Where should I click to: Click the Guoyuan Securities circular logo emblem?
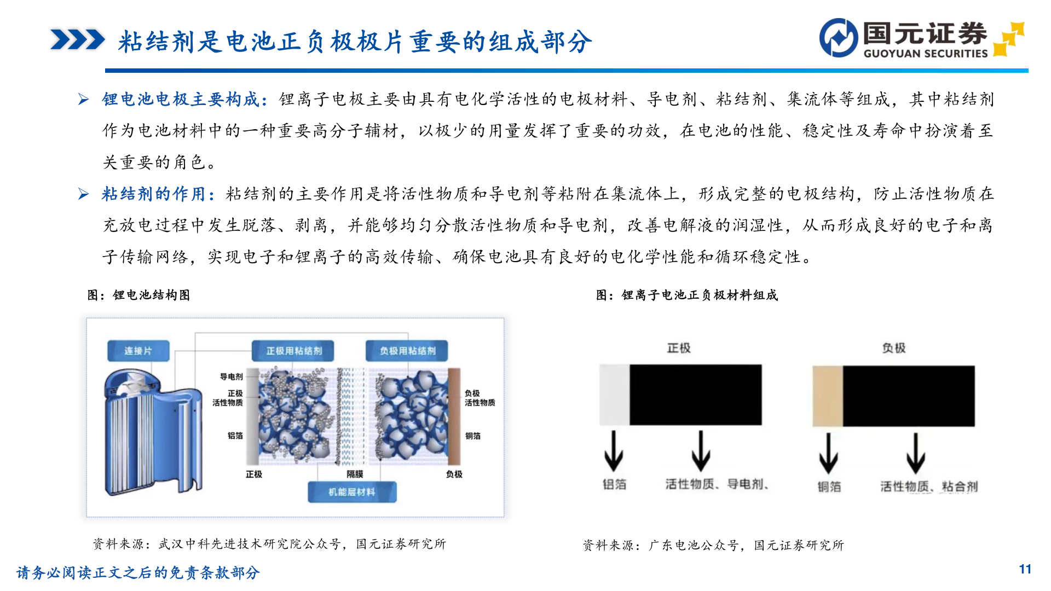pos(838,38)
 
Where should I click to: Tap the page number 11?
pos(1025,569)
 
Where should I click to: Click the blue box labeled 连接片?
pos(138,351)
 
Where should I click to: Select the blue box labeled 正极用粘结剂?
pos(293,351)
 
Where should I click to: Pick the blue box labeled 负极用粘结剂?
pos(407,351)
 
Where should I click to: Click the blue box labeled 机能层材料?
pos(351,492)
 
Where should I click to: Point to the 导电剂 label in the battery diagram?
pos(231,376)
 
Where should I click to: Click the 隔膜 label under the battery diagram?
pos(355,474)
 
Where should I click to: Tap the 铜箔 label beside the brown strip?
pos(473,436)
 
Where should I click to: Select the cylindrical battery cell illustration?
pos(151,432)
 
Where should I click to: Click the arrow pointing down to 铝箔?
pos(613,451)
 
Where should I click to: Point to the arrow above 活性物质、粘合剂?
pos(915,453)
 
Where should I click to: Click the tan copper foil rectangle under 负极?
pos(827,396)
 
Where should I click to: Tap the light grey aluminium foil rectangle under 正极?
pos(614,395)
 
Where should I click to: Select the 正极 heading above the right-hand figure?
pos(679,348)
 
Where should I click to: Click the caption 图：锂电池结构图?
pos(138,296)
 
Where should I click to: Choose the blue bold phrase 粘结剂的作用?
pos(153,194)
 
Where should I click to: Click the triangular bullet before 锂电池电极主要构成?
pos(83,99)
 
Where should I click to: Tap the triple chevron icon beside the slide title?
pos(77,40)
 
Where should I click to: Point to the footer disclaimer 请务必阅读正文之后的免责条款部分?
pos(138,572)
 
